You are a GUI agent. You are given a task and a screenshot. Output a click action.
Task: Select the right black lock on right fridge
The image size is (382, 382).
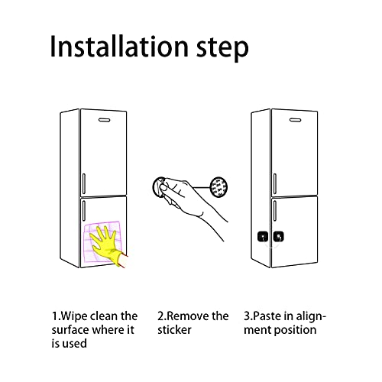coord(279,238)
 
